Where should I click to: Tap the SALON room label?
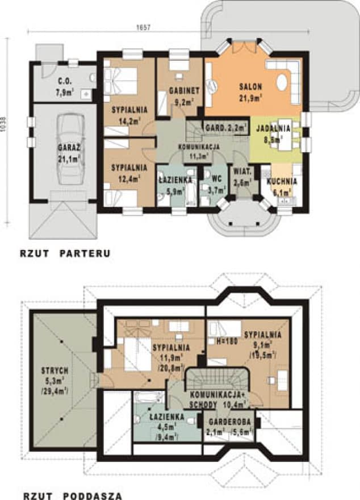coord(249,87)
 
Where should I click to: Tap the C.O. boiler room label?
coord(64,81)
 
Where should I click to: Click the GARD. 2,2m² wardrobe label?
coord(226,128)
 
